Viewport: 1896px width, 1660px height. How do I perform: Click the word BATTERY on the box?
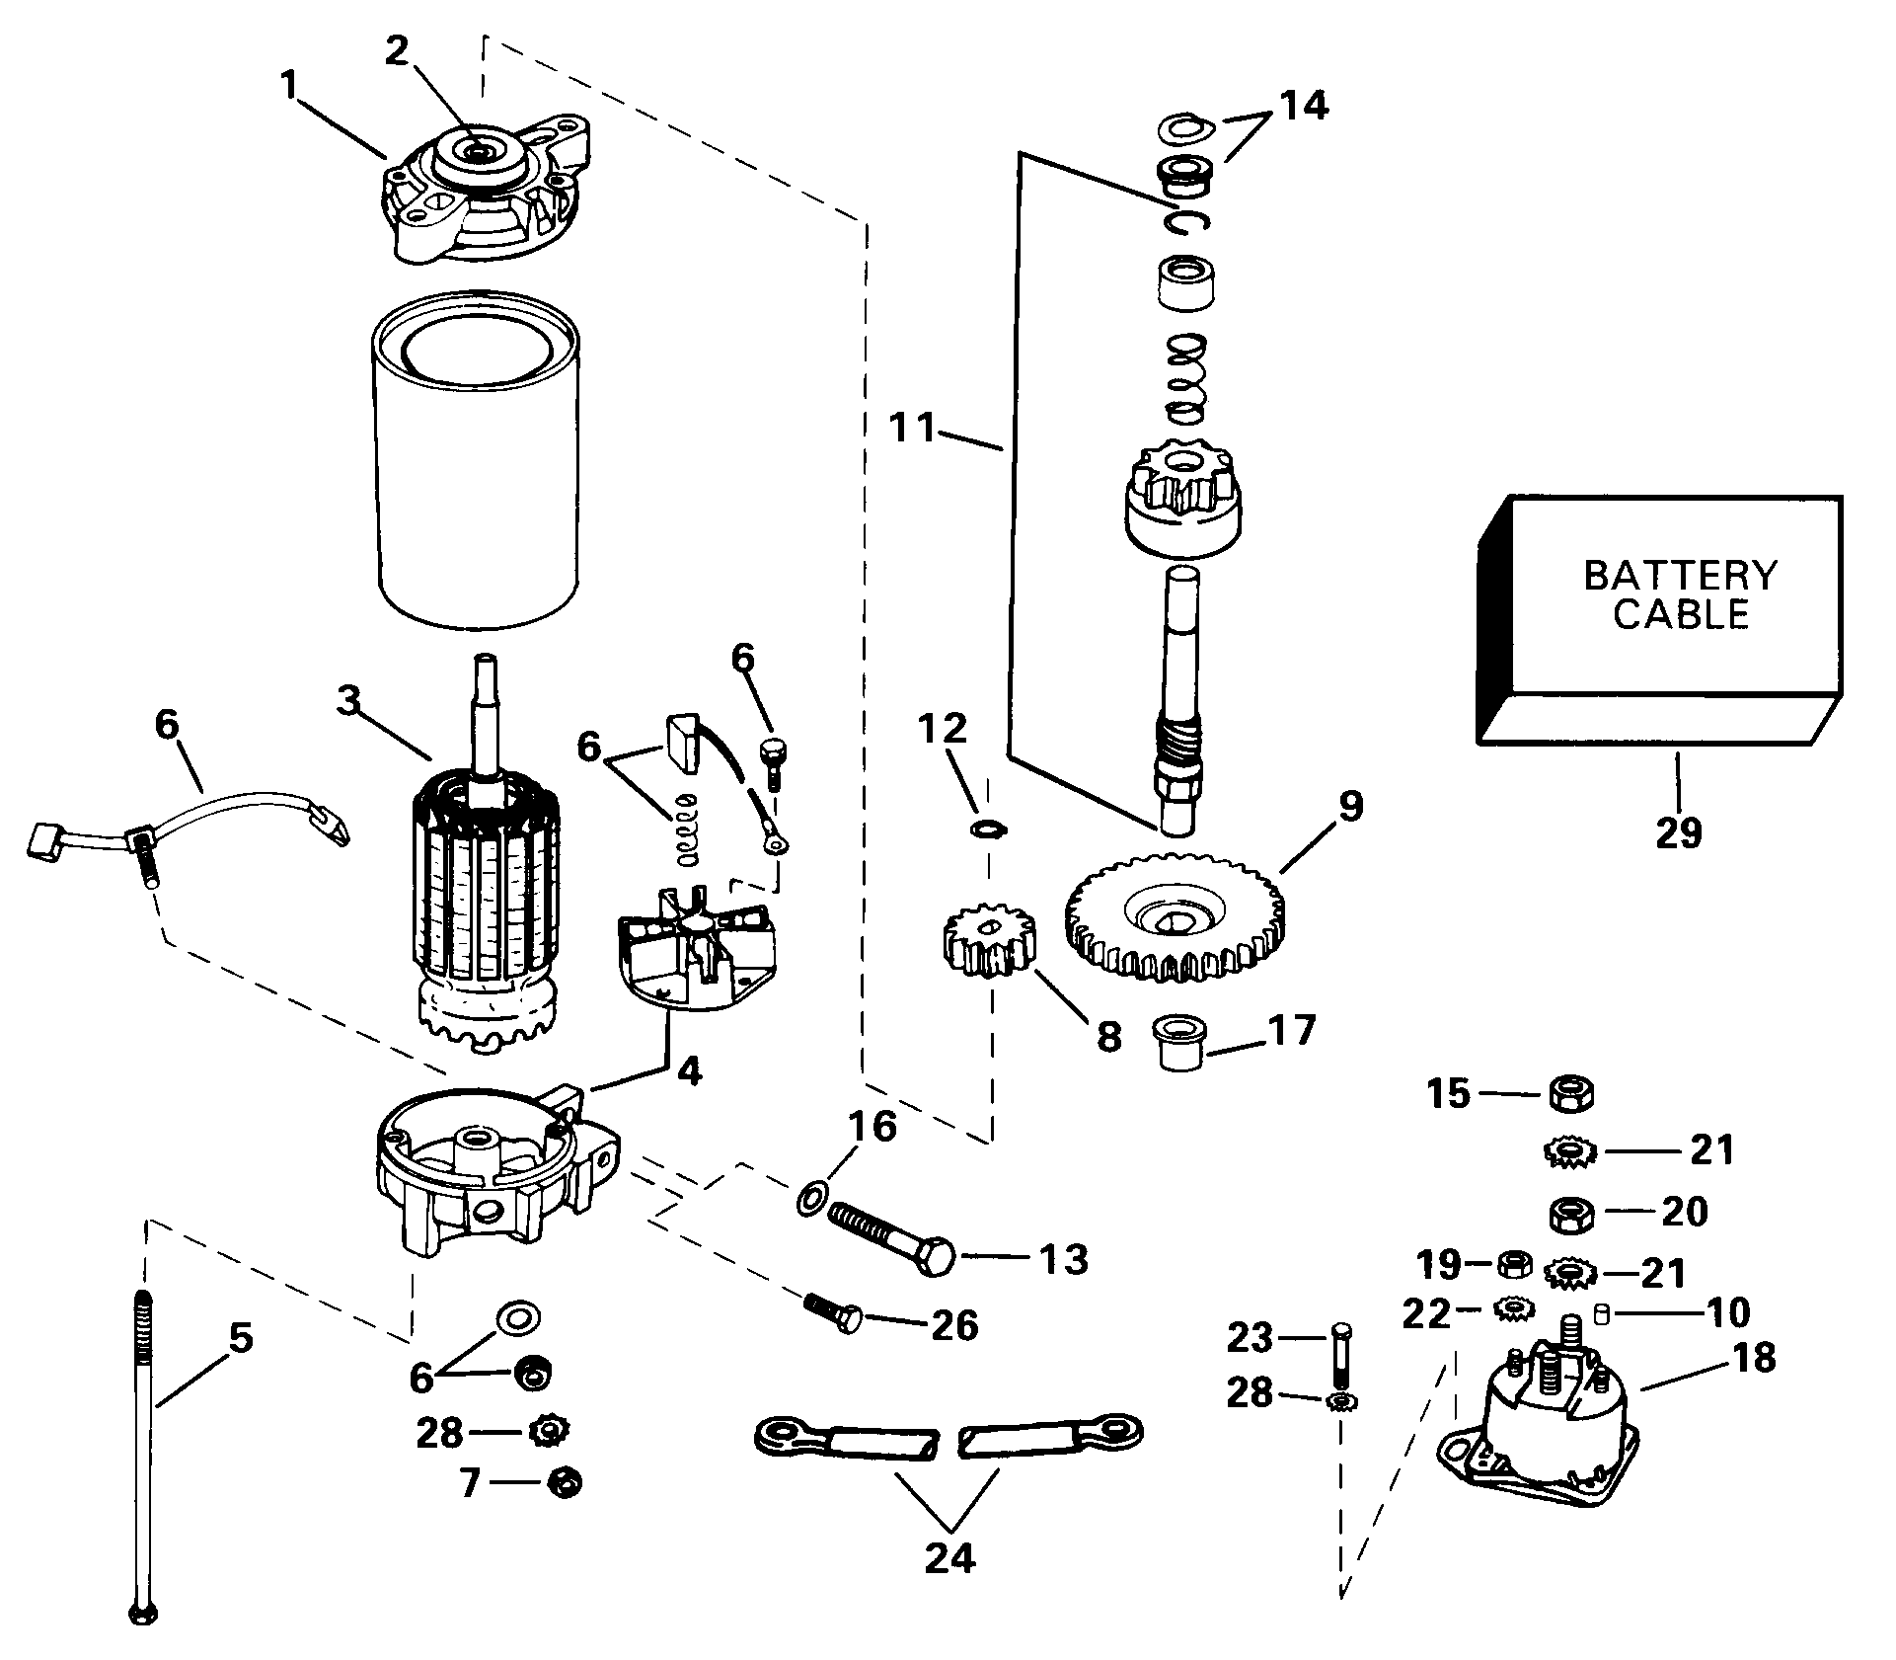point(1680,575)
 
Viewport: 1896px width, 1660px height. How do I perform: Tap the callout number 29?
point(1679,832)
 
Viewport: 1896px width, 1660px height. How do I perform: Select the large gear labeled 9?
point(1176,918)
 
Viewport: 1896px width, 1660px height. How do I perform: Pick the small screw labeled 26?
point(834,1314)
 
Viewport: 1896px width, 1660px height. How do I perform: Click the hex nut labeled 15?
point(1568,1093)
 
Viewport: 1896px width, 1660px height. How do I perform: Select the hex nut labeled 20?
point(1568,1212)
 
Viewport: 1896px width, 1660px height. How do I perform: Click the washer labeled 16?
point(810,1200)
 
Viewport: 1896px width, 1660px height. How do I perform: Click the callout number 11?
point(912,430)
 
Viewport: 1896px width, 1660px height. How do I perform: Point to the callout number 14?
point(1303,105)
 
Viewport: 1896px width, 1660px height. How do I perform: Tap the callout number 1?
point(287,86)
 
